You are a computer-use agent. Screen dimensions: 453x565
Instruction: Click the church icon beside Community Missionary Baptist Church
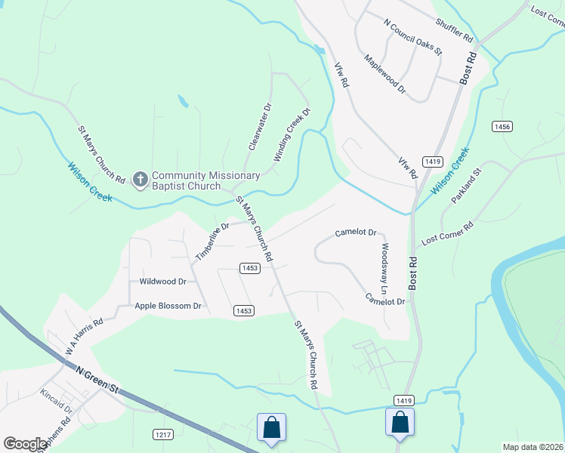coord(140,180)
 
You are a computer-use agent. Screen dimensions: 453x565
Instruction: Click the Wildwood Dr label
coord(162,282)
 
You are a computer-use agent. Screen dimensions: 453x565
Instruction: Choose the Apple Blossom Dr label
coord(168,306)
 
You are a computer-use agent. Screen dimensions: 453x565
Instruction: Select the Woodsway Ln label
coord(385,269)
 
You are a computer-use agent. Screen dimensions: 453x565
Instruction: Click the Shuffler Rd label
coord(454,31)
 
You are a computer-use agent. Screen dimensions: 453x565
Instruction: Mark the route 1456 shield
coord(501,126)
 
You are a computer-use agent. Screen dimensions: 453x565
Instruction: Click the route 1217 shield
coord(163,434)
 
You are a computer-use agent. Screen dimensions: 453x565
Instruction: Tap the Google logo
coord(26,444)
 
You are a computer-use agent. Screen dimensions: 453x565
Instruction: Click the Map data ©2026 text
coord(532,447)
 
